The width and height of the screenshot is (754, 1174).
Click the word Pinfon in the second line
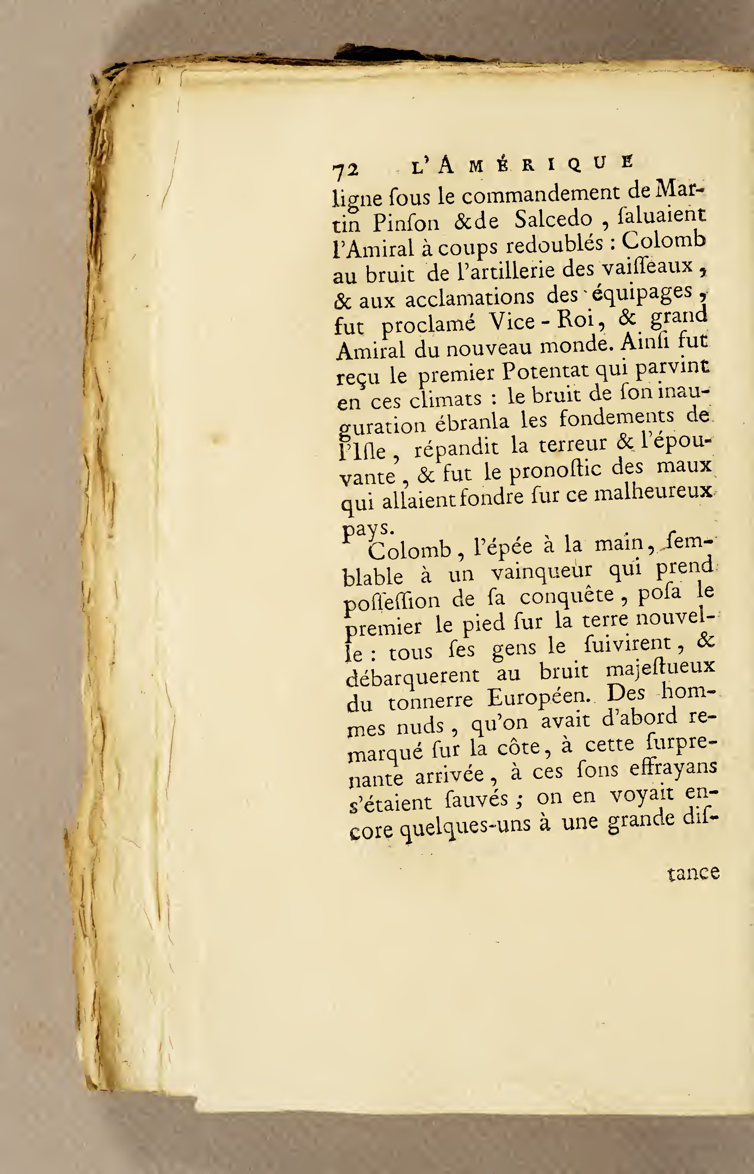pyautogui.click(x=406, y=224)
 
